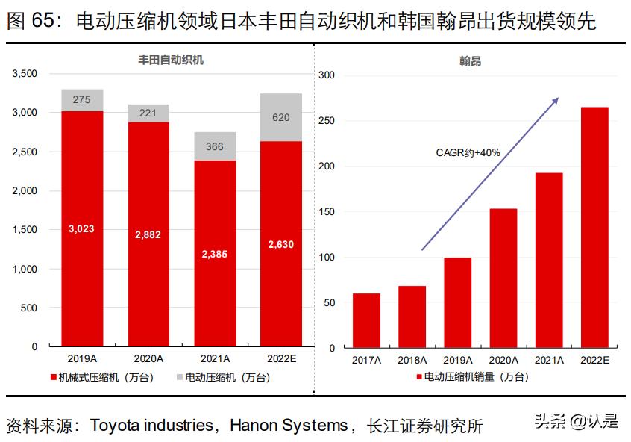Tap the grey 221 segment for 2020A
point(148,113)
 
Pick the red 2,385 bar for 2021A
point(215,253)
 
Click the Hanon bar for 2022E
point(594,227)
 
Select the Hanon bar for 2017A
point(366,320)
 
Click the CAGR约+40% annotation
point(468,152)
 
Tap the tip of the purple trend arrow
point(557,98)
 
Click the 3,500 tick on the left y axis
point(25,74)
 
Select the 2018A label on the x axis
point(412,360)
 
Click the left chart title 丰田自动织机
point(171,60)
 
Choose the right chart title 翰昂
point(470,61)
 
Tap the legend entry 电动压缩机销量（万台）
point(471,377)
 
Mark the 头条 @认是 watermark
point(576,422)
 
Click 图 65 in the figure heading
point(30,22)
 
